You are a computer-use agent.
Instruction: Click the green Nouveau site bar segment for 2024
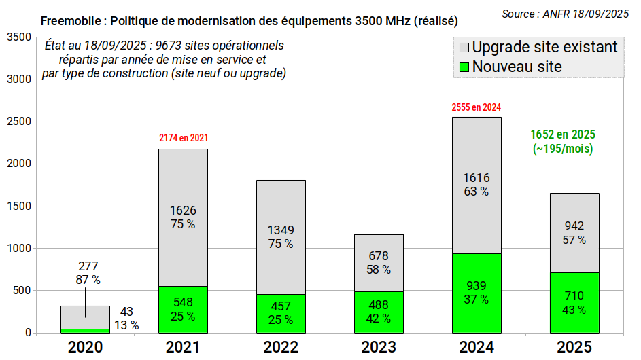pyautogui.click(x=477, y=293)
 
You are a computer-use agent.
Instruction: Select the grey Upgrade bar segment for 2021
pyautogui.click(x=183, y=218)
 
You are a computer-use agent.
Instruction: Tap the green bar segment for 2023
pyautogui.click(x=379, y=312)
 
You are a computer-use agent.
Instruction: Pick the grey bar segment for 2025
pyautogui.click(x=574, y=233)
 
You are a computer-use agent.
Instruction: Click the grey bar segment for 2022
pyautogui.click(x=281, y=238)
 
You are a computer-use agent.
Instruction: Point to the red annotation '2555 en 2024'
pyautogui.click(x=477, y=107)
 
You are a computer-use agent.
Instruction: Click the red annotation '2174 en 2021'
pyautogui.click(x=184, y=138)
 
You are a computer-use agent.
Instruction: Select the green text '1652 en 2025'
pyautogui.click(x=563, y=134)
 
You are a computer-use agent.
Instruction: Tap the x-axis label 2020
pyautogui.click(x=85, y=347)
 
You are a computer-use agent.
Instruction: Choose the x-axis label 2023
pyautogui.click(x=379, y=347)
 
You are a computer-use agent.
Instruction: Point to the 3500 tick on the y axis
pyautogui.click(x=19, y=37)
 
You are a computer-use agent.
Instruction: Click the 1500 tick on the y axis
pyautogui.click(x=19, y=206)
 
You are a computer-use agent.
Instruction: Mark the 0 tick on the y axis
pyautogui.click(x=28, y=333)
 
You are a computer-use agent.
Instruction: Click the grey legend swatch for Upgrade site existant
pyautogui.click(x=464, y=48)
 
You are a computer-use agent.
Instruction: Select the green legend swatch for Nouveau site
pyautogui.click(x=464, y=67)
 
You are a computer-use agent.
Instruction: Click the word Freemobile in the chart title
pyautogui.click(x=71, y=21)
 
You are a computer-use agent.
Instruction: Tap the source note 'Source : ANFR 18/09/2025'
pyautogui.click(x=566, y=14)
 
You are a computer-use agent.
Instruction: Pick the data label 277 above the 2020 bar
pyautogui.click(x=88, y=266)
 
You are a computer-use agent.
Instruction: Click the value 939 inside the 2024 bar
pyautogui.click(x=477, y=286)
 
